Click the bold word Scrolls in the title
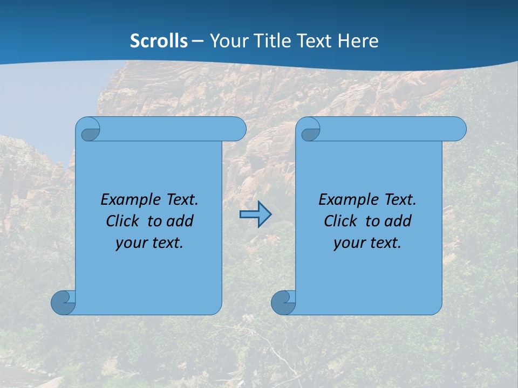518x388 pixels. (x=159, y=41)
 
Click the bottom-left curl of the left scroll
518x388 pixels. (x=63, y=302)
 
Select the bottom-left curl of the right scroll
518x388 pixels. (x=283, y=302)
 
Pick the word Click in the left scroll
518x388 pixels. (x=122, y=221)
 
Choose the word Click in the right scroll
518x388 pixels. (x=340, y=221)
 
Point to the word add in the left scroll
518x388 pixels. (x=180, y=221)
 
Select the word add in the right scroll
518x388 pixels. (x=398, y=221)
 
